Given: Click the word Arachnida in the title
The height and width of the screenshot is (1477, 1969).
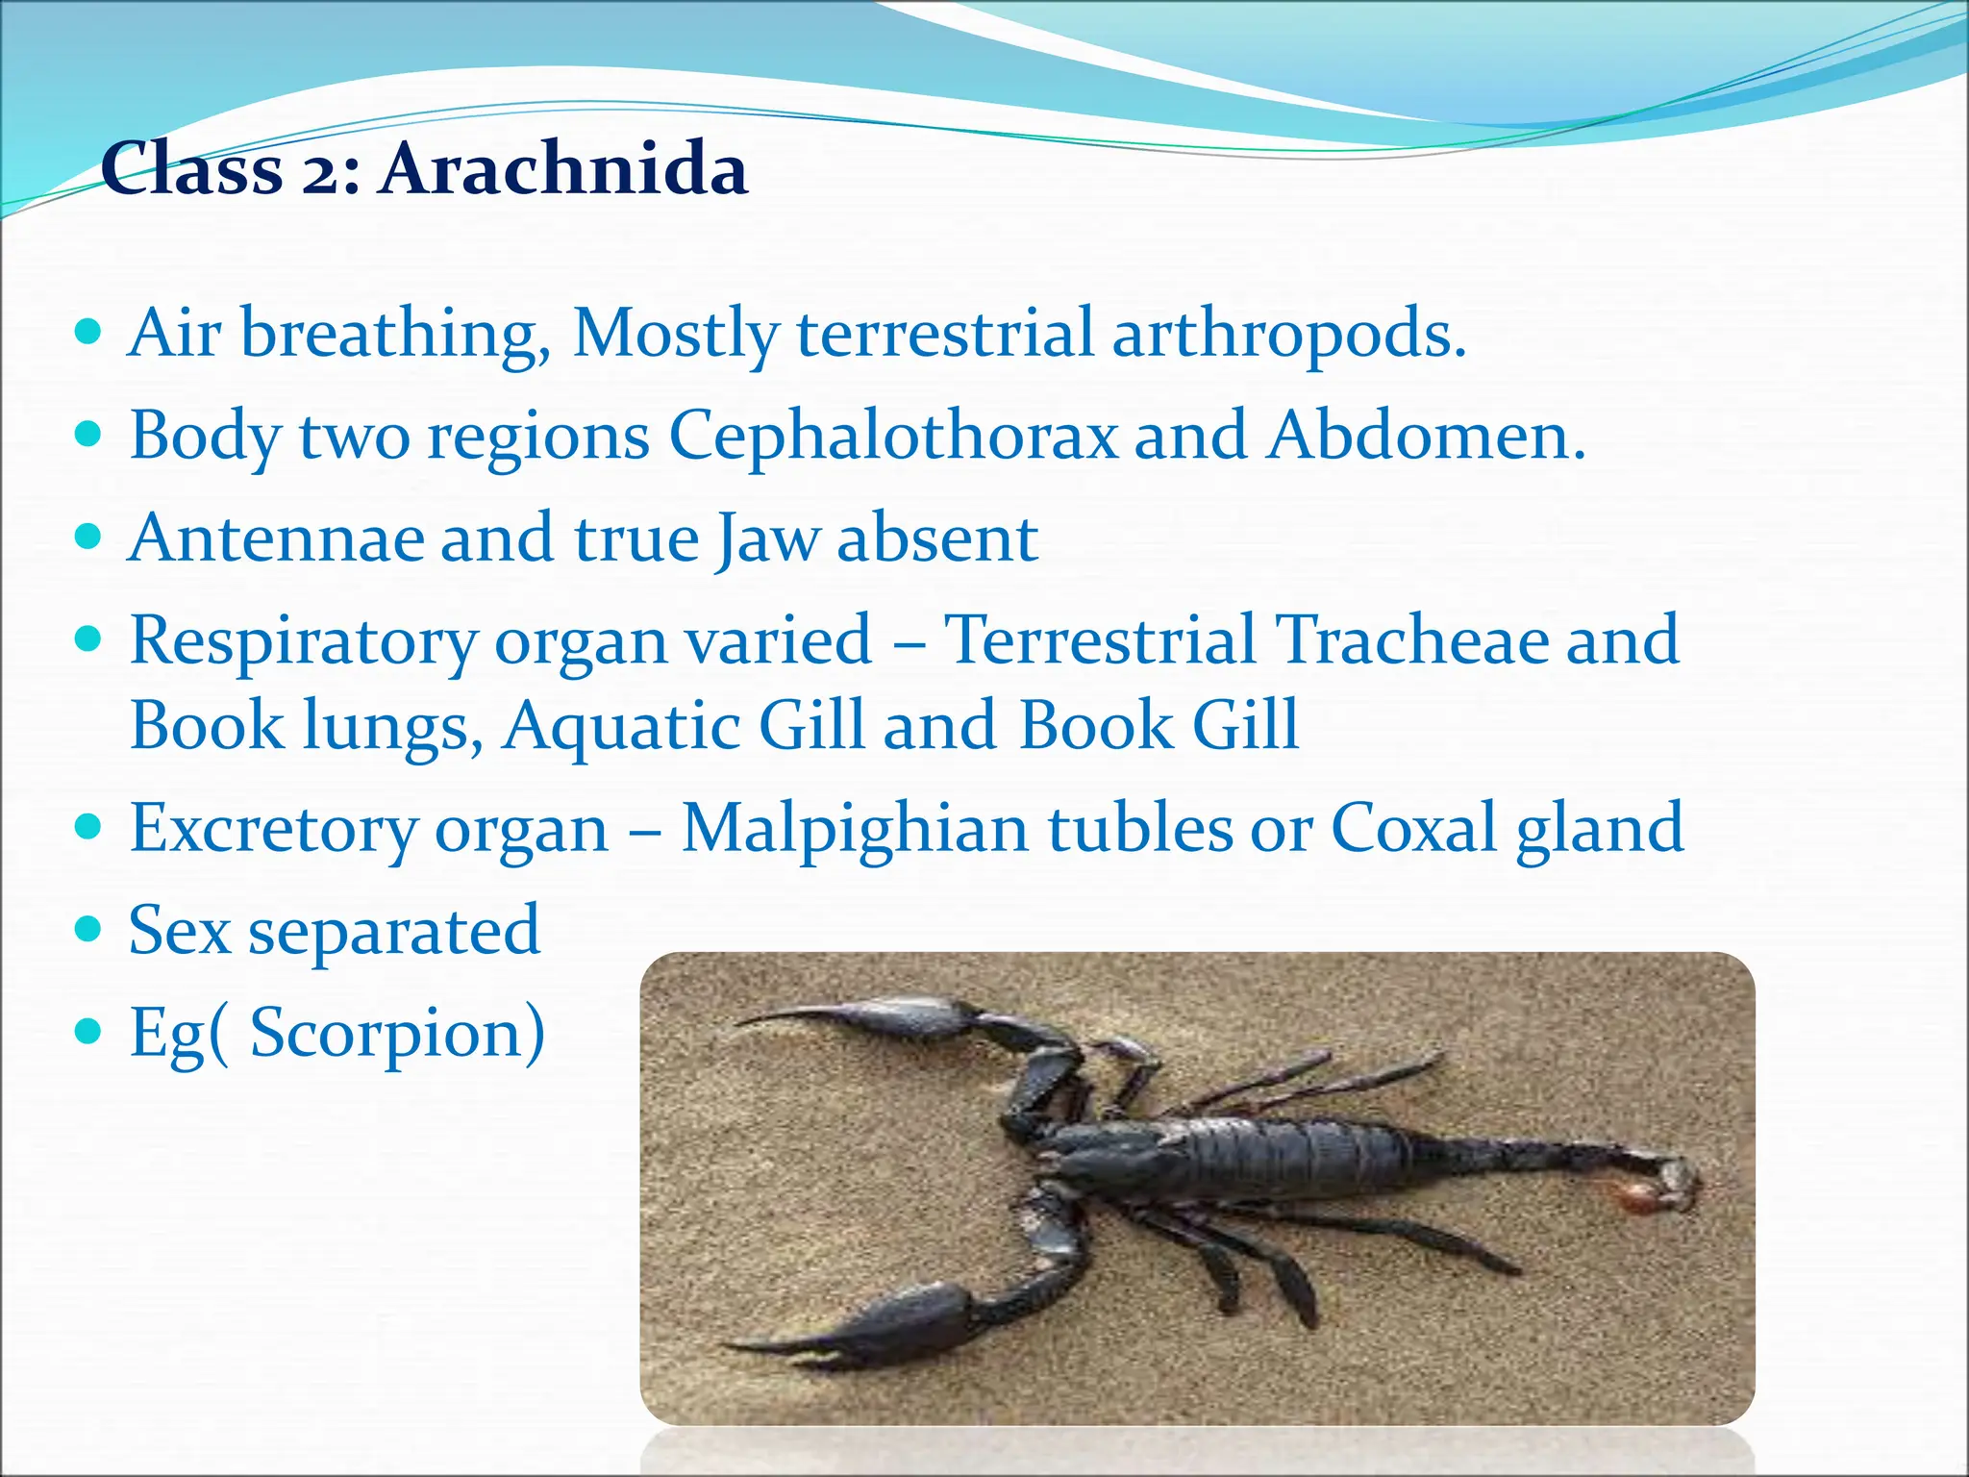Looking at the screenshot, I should pyautogui.click(x=562, y=169).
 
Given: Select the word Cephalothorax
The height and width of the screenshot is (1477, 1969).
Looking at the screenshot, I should pyautogui.click(x=893, y=437).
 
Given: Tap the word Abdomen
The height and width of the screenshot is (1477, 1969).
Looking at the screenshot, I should pyautogui.click(x=1425, y=437).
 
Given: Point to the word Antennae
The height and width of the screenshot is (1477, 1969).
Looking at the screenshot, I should pyautogui.click(x=276, y=538).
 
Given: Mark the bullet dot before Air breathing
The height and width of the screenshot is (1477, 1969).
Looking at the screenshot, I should pyautogui.click(x=88, y=334).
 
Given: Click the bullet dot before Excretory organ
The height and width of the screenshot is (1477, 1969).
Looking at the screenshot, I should pyautogui.click(x=88, y=826).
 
